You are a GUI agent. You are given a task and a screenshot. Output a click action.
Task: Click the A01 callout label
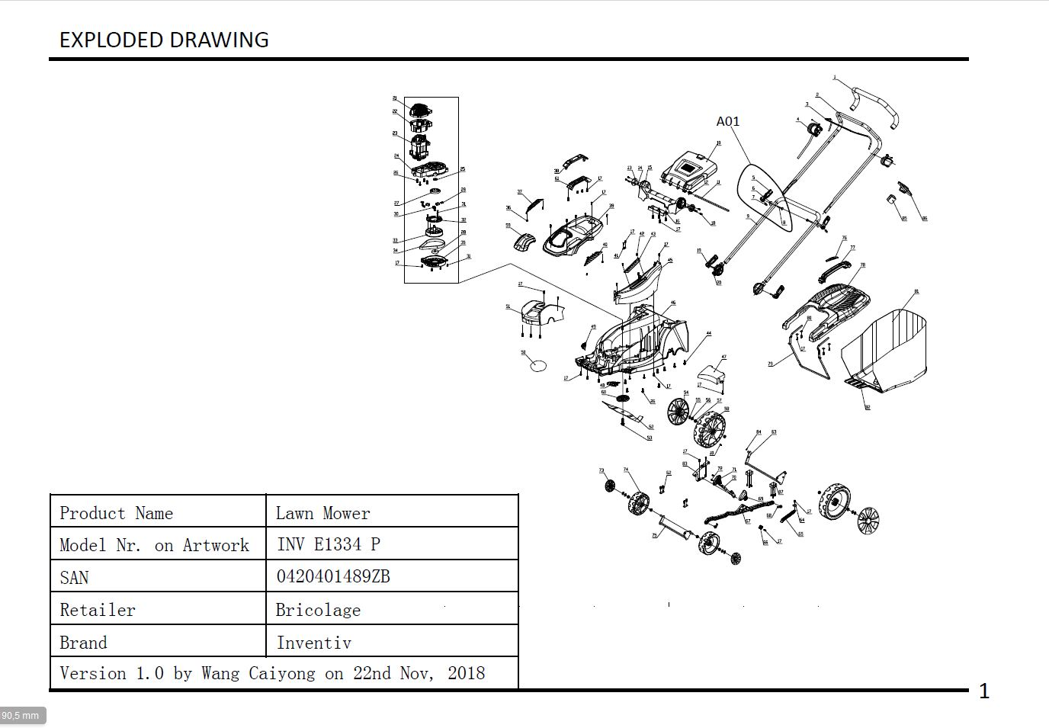(728, 121)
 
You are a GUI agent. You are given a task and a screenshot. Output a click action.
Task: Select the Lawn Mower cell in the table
(322, 513)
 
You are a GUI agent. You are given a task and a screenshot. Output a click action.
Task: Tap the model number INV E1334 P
(328, 544)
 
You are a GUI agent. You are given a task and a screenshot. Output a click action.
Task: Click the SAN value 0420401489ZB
(333, 576)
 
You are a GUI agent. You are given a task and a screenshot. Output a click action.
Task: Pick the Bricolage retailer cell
(318, 610)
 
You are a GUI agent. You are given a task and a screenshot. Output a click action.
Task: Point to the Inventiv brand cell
(313, 643)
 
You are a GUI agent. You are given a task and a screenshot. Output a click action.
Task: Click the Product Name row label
(117, 513)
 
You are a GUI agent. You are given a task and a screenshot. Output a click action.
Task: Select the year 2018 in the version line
(466, 673)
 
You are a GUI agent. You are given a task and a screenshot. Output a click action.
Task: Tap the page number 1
(984, 691)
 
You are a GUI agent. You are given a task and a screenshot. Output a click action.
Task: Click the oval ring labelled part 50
(538, 365)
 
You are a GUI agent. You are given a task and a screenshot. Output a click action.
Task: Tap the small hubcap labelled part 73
(610, 486)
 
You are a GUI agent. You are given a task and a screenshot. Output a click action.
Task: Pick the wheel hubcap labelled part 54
(678, 412)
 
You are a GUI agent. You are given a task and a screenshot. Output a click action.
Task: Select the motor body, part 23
(420, 146)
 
